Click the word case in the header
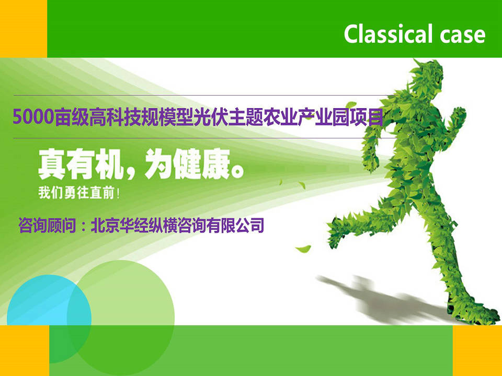point(463,35)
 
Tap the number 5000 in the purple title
point(32,116)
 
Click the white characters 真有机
point(80,164)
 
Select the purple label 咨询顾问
point(47,226)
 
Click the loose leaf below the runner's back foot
point(303,249)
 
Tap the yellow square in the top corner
point(24,29)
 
